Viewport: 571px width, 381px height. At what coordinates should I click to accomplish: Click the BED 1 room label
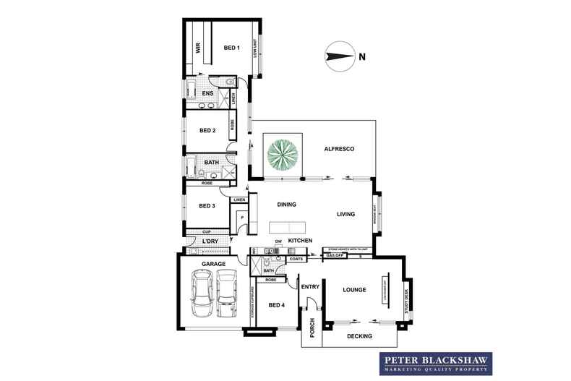pyautogui.click(x=231, y=48)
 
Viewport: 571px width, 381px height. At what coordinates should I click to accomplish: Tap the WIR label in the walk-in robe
pyautogui.click(x=197, y=49)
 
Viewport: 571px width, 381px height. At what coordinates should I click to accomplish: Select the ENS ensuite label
pyautogui.click(x=207, y=93)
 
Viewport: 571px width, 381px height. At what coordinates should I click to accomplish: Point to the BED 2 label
pyautogui.click(x=207, y=131)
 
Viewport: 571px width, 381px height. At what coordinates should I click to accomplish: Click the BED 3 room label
pyautogui.click(x=207, y=206)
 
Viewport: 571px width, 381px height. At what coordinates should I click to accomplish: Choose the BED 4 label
pyautogui.click(x=277, y=305)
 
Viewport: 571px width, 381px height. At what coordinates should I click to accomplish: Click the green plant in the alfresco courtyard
pyautogui.click(x=283, y=153)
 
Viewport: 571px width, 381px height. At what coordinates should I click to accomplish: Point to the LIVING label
pyautogui.click(x=350, y=214)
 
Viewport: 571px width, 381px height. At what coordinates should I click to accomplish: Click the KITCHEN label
pyautogui.click(x=300, y=240)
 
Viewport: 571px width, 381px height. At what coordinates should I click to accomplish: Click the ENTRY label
pyautogui.click(x=310, y=286)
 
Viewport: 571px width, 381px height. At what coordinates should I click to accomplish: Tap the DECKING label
pyautogui.click(x=359, y=336)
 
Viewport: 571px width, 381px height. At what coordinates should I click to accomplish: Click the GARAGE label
pyautogui.click(x=215, y=265)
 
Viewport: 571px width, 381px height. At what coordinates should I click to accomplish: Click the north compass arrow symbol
pyautogui.click(x=338, y=56)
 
